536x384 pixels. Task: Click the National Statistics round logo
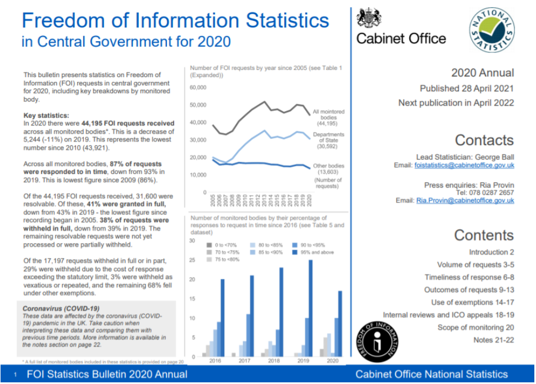(492, 30)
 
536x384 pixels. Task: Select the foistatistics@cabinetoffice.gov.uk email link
(464, 166)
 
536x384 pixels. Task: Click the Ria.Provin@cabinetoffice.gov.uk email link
(465, 201)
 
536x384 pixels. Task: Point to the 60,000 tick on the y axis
(198, 87)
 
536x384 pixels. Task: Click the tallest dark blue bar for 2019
(310, 308)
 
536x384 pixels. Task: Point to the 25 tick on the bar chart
(192, 260)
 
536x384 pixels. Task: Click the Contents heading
(484, 235)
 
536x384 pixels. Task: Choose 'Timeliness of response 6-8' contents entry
(469, 277)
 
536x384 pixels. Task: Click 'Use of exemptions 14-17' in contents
(472, 302)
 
